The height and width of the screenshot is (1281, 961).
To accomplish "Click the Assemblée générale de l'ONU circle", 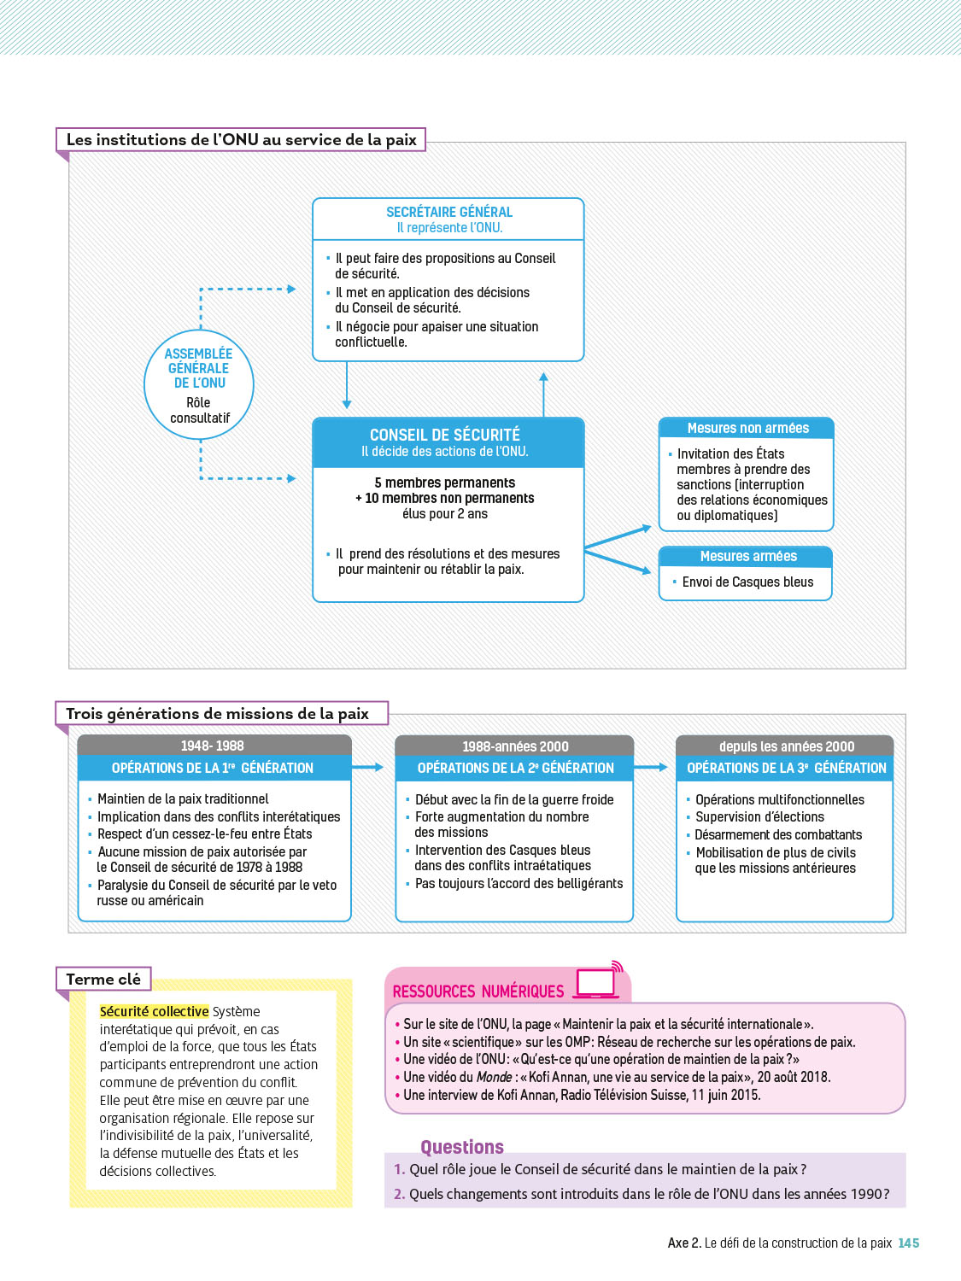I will pyautogui.click(x=198, y=384).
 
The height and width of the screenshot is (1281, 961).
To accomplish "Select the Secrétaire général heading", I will pyautogui.click(x=449, y=212).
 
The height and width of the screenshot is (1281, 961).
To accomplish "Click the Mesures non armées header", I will pyautogui.click(x=747, y=428).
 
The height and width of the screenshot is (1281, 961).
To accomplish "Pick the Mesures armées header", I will pyautogui.click(x=747, y=556).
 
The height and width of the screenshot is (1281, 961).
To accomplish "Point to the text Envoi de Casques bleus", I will pyautogui.click(x=747, y=582).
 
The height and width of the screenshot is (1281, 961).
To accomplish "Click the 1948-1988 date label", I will pyautogui.click(x=213, y=746).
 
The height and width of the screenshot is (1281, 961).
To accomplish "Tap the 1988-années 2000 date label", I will pyautogui.click(x=515, y=746).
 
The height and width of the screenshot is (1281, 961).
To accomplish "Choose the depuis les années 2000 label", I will pyautogui.click(x=786, y=746).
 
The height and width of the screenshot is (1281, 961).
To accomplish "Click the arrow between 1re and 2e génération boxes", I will pyautogui.click(x=369, y=768).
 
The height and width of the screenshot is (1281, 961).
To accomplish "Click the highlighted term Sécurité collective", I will pyautogui.click(x=155, y=1011).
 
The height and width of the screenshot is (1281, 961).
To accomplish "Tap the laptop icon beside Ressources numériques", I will pyautogui.click(x=597, y=984).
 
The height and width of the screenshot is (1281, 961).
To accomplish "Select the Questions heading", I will pyautogui.click(x=462, y=1147).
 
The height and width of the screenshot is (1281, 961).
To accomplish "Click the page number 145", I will pyautogui.click(x=909, y=1243).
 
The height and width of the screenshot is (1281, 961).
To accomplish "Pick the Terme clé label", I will pyautogui.click(x=103, y=980).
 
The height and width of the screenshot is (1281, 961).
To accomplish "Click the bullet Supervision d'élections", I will pyautogui.click(x=759, y=817).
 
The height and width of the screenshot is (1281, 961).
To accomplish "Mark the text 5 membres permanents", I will pyautogui.click(x=444, y=483).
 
